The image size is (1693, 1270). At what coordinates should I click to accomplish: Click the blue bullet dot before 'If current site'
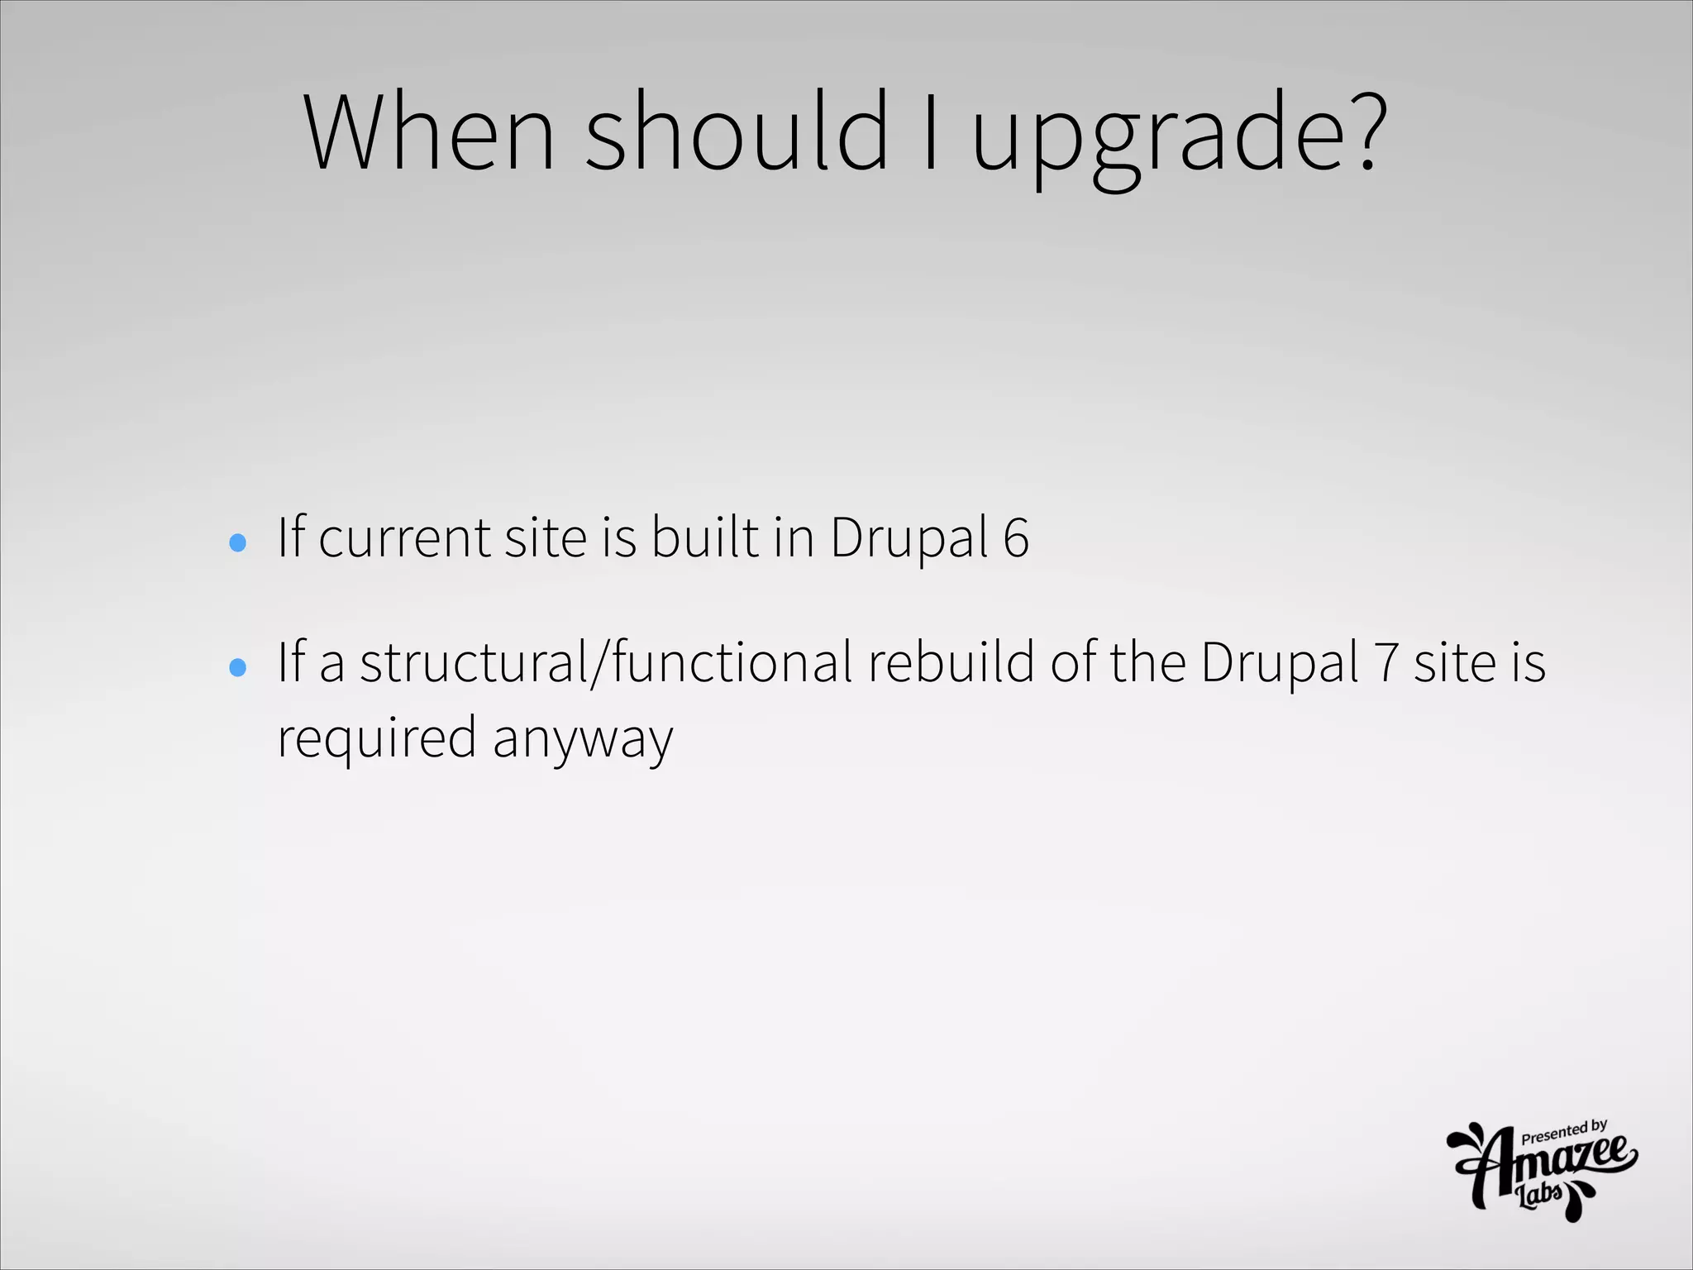point(237,542)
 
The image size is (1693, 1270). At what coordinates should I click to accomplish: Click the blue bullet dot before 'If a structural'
point(237,667)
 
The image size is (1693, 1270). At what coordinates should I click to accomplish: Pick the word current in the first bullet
point(404,538)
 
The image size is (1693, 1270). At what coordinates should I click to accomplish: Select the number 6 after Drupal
point(1016,538)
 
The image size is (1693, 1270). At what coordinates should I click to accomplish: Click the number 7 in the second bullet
point(1385,663)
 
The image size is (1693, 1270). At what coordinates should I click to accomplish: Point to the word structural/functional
point(606,663)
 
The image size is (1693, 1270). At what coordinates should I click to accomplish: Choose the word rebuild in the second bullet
point(951,663)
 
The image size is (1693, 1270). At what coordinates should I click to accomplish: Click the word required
point(376,739)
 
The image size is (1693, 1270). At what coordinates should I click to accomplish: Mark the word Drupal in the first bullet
point(909,538)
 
